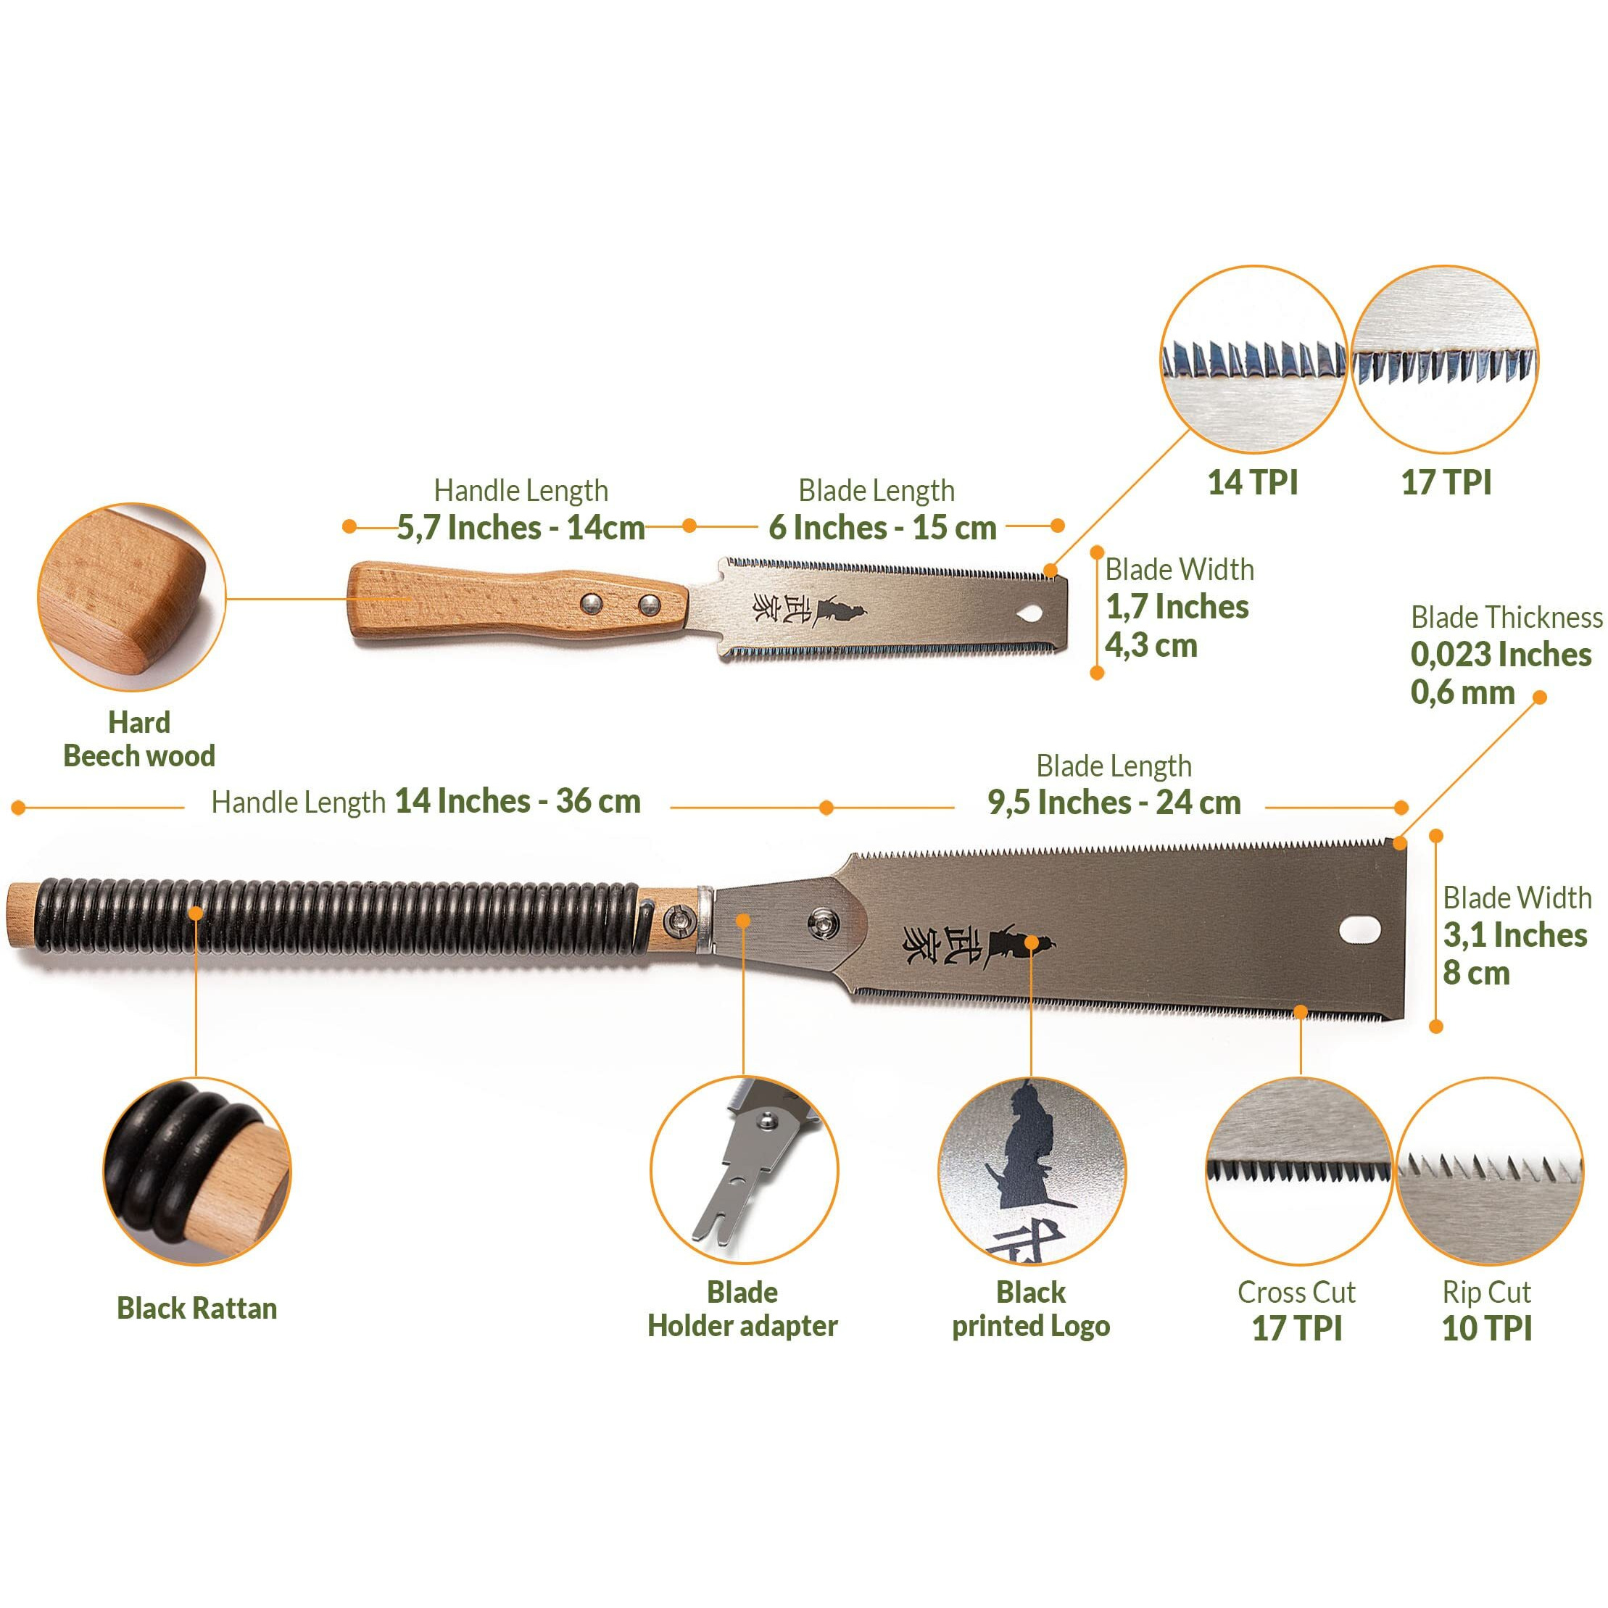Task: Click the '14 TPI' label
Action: coord(1252,483)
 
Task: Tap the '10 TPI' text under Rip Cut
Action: coord(1486,1328)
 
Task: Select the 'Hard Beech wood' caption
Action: coord(139,739)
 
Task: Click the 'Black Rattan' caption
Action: coord(196,1309)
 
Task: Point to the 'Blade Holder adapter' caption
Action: coord(742,1309)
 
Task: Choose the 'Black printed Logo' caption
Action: coord(1030,1309)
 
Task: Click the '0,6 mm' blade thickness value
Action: coord(1462,692)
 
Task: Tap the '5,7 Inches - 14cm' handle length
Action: coord(521,528)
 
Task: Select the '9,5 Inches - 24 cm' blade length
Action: coord(1114,803)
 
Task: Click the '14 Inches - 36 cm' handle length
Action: coord(518,802)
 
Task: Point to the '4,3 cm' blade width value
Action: coord(1151,646)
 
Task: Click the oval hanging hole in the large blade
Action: coord(1360,929)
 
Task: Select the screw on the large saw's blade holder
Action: coord(824,920)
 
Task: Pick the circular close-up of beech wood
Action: coord(131,597)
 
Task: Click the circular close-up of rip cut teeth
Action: coord(1490,1171)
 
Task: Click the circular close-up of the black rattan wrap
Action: coord(197,1171)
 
